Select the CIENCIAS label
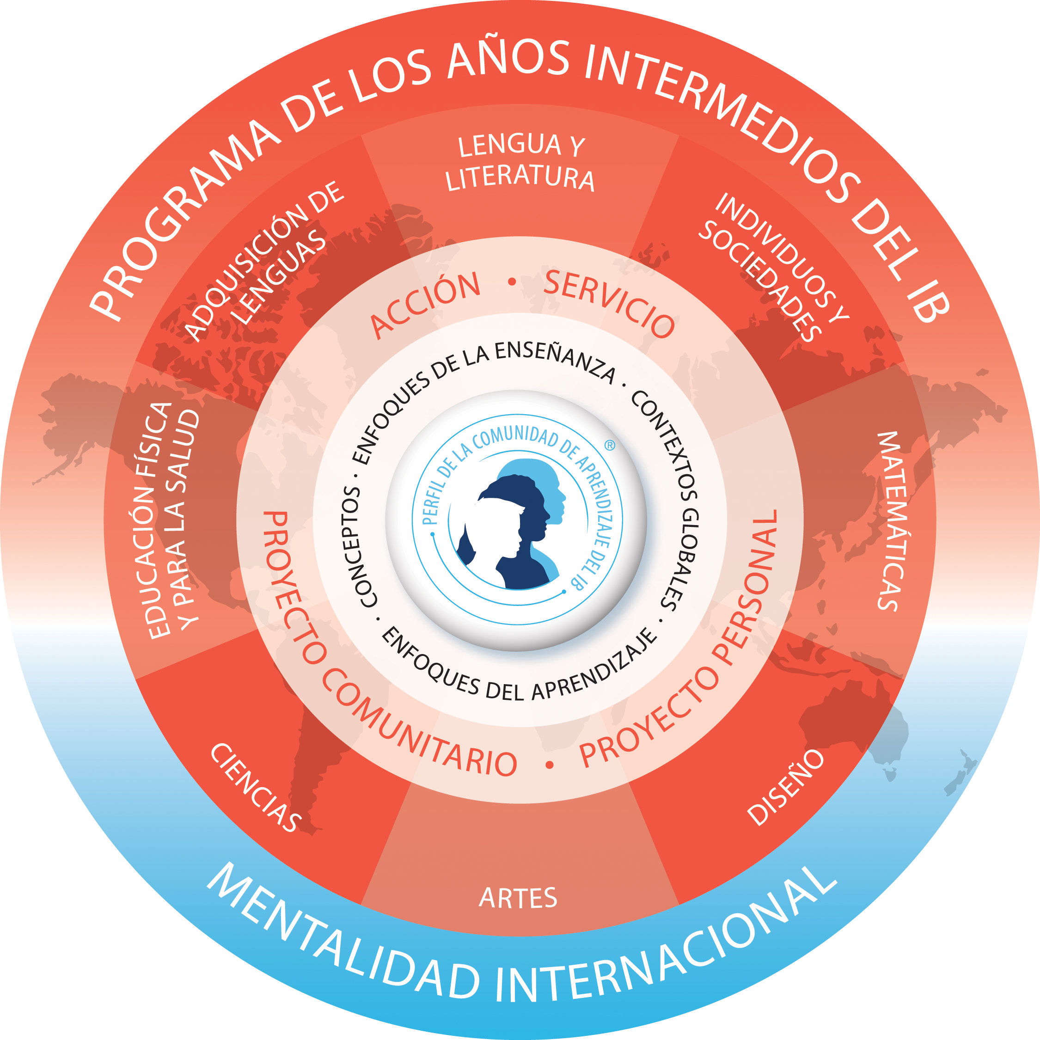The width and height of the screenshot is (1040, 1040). pos(255,788)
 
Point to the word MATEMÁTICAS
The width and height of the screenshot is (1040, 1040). pos(895,521)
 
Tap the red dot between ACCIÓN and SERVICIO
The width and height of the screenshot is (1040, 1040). pos(512,281)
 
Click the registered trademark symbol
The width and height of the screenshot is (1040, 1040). pos(610,445)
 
